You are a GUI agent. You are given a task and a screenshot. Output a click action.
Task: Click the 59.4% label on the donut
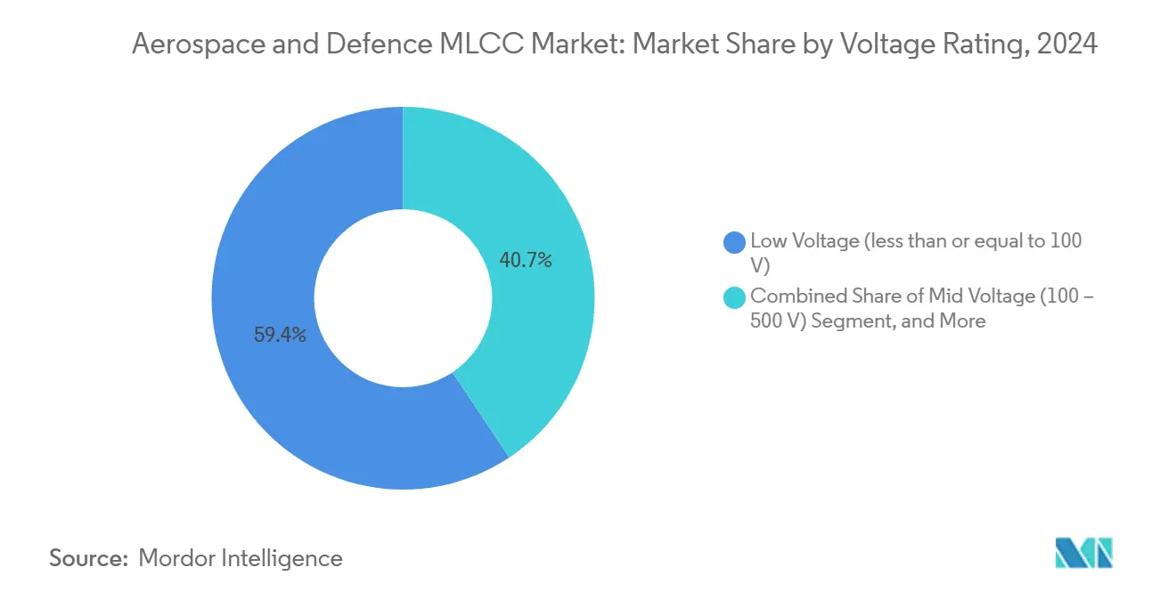tap(281, 336)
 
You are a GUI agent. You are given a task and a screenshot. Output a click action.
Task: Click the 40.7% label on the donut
tap(526, 261)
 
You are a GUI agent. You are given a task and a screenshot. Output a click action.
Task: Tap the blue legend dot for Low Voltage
tap(735, 241)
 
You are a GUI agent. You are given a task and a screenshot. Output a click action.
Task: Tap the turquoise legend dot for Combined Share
tap(735, 297)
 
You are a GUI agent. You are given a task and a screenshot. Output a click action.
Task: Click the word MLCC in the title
tap(482, 45)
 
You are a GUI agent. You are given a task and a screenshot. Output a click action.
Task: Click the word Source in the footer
tap(87, 558)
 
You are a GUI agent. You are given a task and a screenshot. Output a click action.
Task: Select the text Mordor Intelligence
tap(241, 558)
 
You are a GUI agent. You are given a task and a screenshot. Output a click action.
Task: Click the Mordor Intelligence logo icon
tap(1083, 554)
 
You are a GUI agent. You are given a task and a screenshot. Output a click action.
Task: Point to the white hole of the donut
tap(403, 298)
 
